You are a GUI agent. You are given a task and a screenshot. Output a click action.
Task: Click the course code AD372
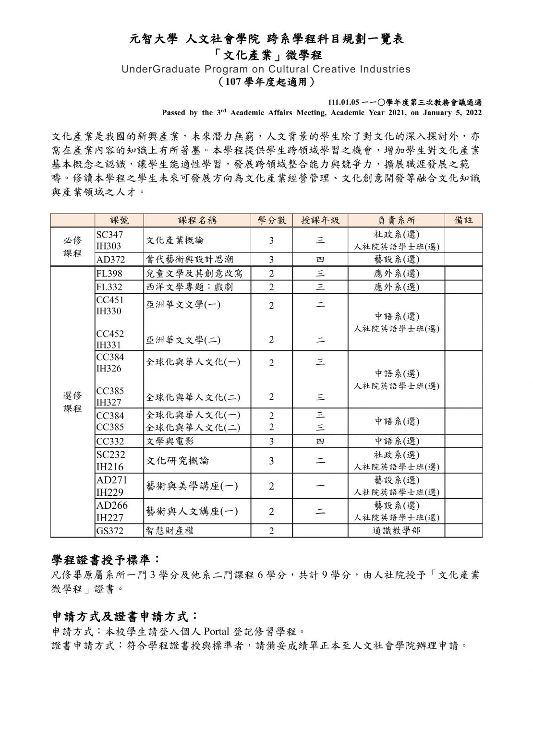tap(110, 260)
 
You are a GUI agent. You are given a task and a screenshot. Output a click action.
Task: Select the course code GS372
tap(110, 531)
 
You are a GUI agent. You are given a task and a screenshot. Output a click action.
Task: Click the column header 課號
tap(120, 220)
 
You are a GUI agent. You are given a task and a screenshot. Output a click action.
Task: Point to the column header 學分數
tap(271, 220)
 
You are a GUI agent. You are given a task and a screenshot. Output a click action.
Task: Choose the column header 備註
tap(463, 220)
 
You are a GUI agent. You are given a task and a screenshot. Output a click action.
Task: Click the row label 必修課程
tap(73, 247)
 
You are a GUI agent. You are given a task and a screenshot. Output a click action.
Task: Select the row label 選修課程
tap(73, 402)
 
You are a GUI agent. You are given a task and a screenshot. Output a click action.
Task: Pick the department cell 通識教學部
tap(396, 531)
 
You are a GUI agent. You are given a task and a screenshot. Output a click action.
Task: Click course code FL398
tap(109, 274)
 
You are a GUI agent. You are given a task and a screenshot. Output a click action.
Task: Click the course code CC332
tap(110, 441)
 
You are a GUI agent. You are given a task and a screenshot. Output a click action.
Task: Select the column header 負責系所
tap(396, 220)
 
